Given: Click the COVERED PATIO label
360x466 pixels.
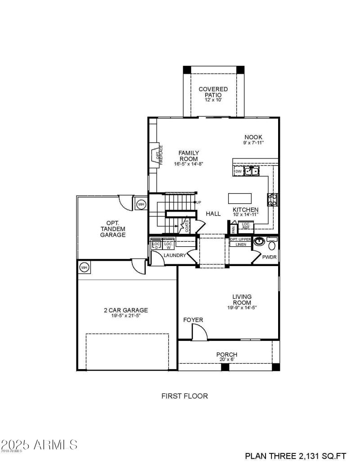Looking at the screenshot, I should click(213, 92).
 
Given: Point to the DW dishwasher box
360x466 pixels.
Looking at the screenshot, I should click(238, 172).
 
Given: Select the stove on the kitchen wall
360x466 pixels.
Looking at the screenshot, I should click(273, 199).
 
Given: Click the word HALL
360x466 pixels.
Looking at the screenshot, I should click(213, 213).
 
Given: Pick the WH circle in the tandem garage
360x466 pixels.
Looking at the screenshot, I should click(141, 204).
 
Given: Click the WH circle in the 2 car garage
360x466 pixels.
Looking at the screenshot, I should click(84, 267).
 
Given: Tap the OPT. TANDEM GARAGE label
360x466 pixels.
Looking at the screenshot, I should click(112, 229).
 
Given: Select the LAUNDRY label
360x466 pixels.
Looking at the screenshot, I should click(175, 255).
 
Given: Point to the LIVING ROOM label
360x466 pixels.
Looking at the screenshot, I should click(242, 299).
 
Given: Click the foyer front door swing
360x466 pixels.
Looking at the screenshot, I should click(199, 332).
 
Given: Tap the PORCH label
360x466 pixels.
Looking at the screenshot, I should click(227, 355).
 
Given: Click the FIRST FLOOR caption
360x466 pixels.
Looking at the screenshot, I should click(184, 396).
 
